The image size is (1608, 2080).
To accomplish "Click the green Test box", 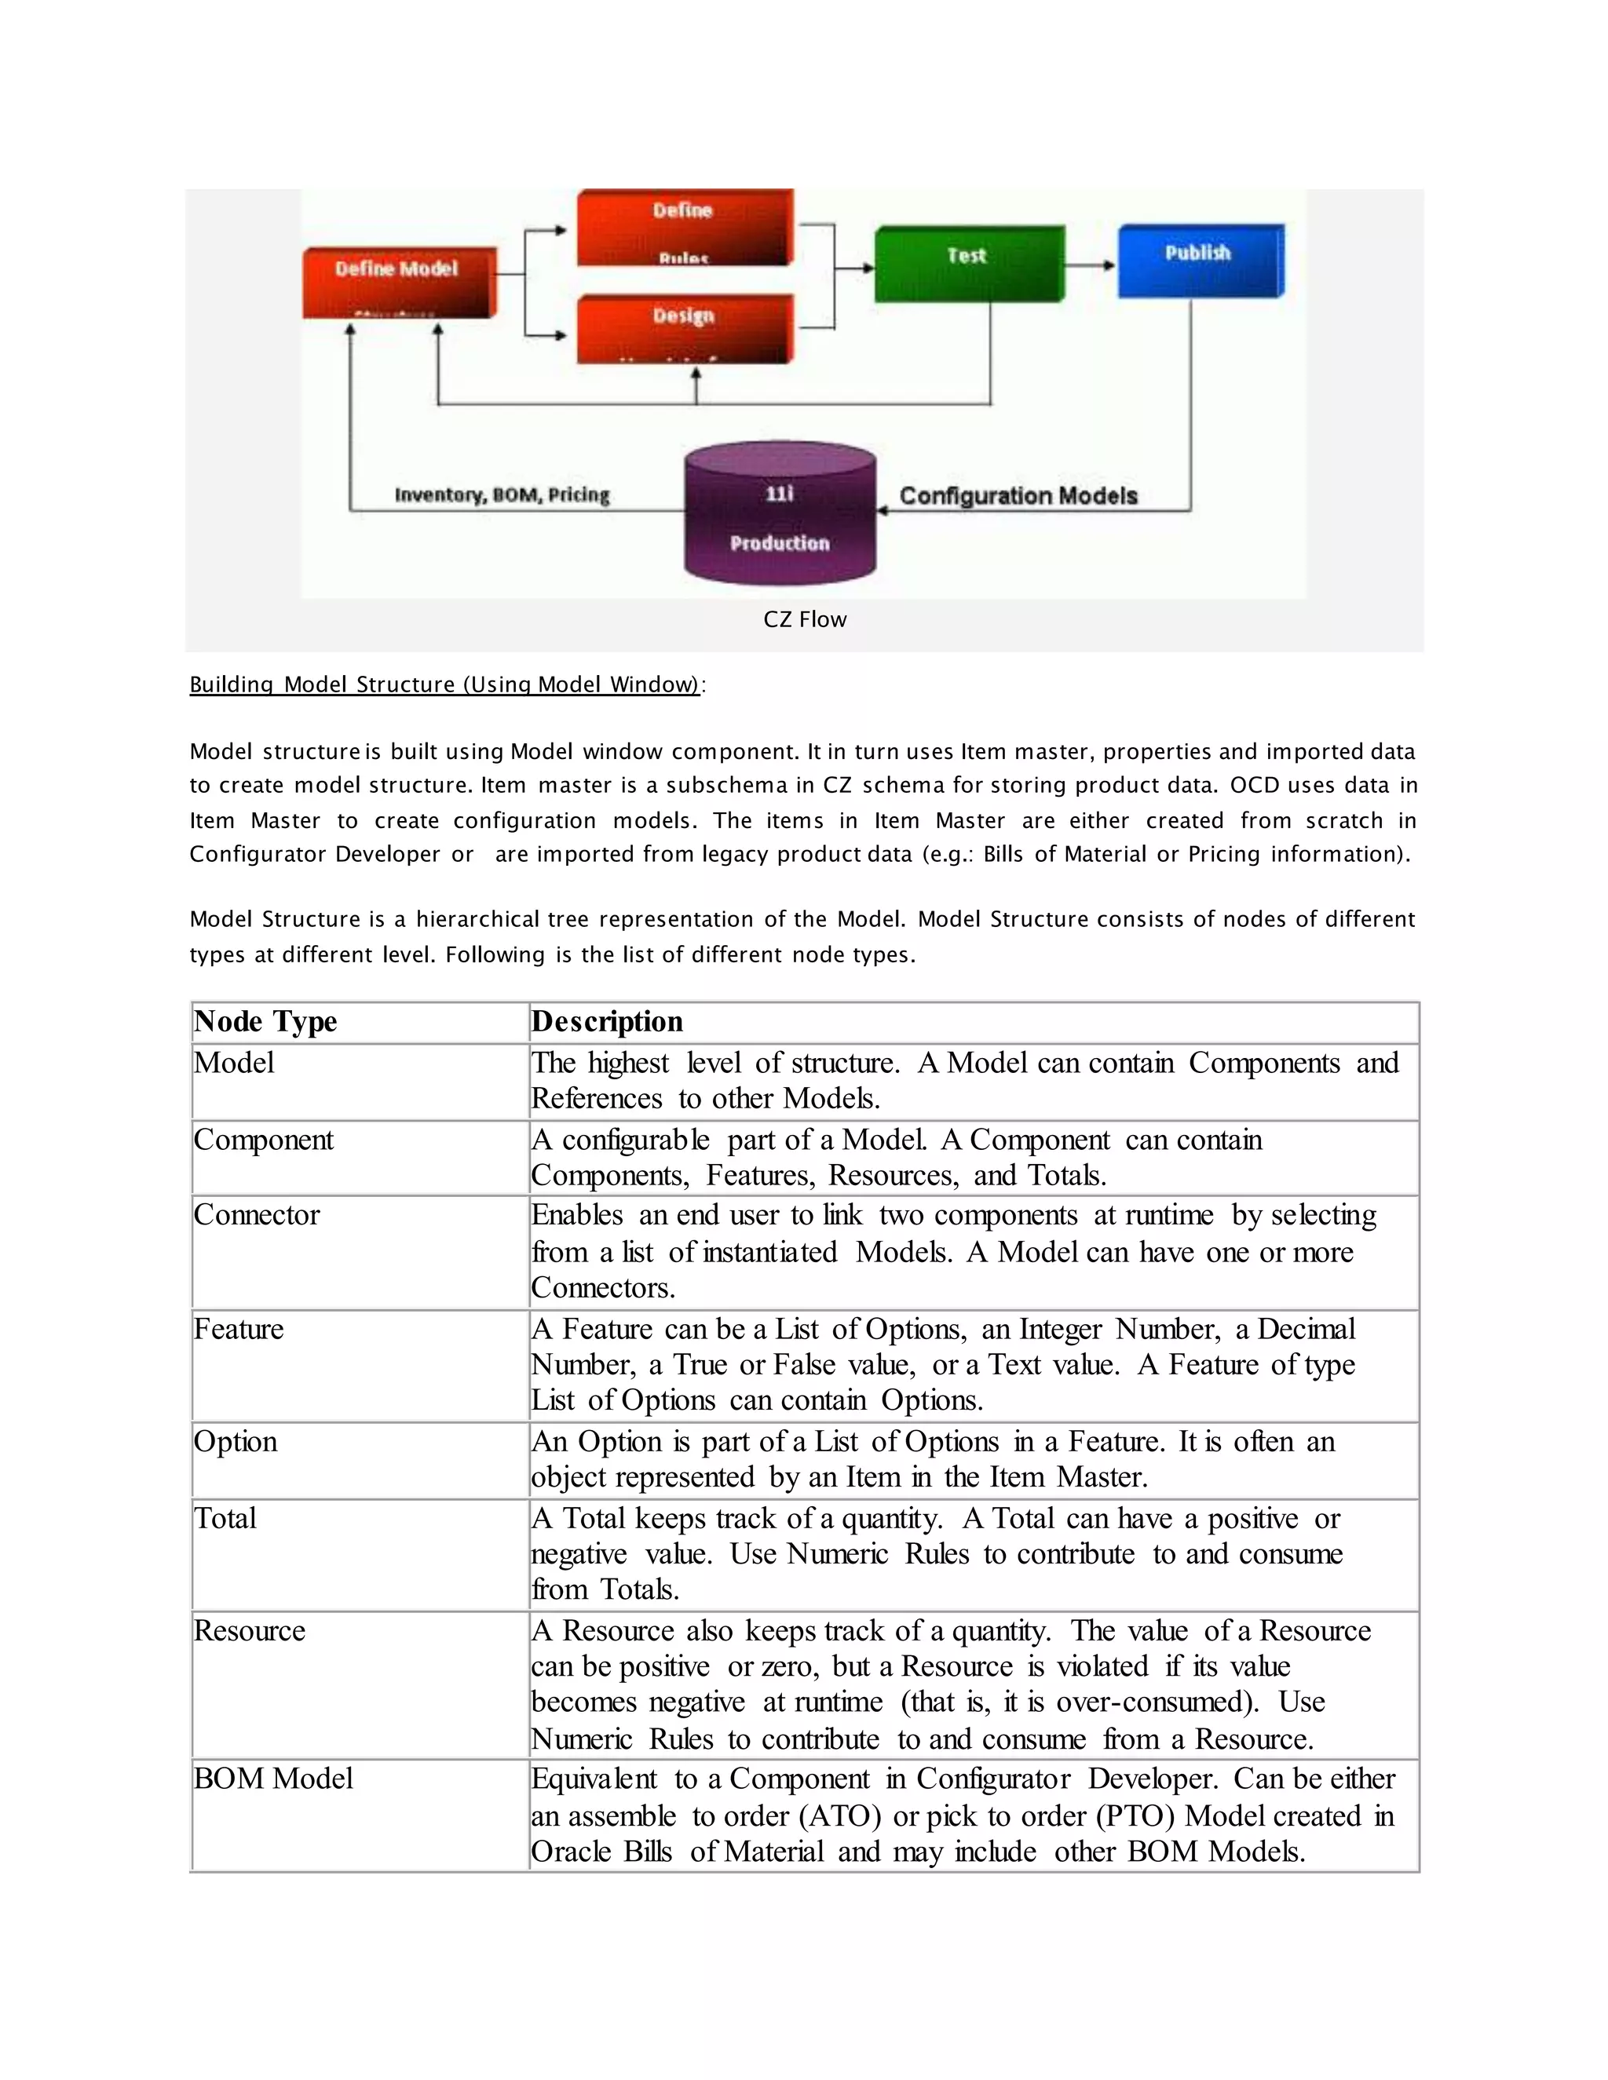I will (x=968, y=264).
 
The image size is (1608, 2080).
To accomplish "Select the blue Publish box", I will (x=1200, y=261).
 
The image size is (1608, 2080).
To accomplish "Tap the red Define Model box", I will (x=398, y=282).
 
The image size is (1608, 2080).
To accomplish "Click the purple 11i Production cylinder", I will (x=779, y=514).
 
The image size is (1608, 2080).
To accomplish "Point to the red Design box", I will (x=684, y=329).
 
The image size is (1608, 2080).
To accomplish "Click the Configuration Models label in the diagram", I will (x=1018, y=496).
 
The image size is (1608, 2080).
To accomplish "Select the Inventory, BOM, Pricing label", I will (x=502, y=495).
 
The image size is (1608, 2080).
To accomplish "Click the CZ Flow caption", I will (x=804, y=620).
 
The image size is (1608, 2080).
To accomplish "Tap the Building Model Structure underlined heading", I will (x=444, y=684).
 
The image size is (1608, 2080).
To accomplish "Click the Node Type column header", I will (x=266, y=1022).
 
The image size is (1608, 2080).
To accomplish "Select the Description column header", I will (x=607, y=1022).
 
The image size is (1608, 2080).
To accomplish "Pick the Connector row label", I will (x=258, y=1215).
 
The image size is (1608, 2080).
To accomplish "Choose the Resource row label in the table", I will (x=250, y=1630).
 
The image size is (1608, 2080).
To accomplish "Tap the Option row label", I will (x=236, y=1442).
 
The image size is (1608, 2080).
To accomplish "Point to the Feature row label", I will (x=239, y=1330).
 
